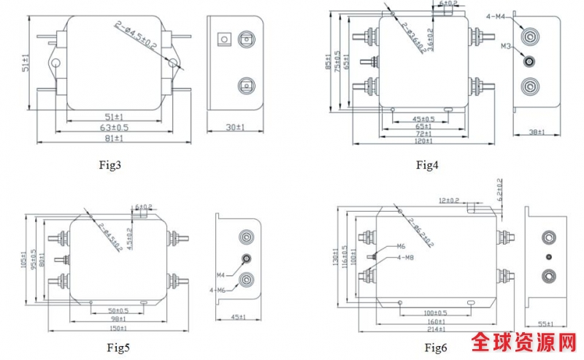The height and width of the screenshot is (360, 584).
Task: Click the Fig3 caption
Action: (109, 165)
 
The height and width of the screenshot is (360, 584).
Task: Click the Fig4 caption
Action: (427, 165)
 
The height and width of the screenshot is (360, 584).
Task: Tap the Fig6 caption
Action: (436, 347)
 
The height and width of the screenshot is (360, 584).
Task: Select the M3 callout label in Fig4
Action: (506, 46)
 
